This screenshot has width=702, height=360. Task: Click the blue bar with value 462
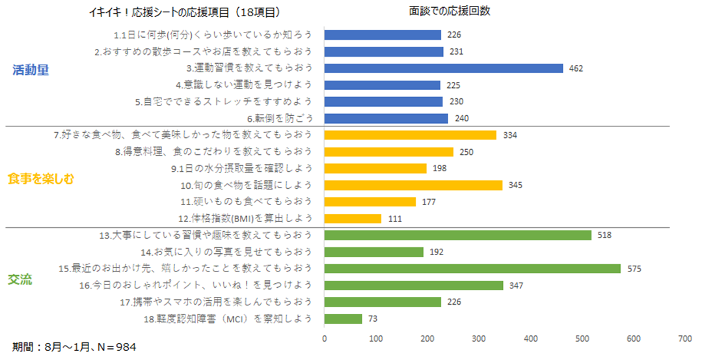tap(443, 68)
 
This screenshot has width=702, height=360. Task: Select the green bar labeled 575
tap(472, 268)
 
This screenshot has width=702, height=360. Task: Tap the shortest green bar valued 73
tap(343, 318)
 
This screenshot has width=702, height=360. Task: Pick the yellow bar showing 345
tap(413, 185)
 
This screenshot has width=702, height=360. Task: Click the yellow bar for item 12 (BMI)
tap(353, 218)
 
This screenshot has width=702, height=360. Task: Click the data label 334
tap(510, 135)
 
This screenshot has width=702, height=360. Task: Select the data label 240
tap(461, 118)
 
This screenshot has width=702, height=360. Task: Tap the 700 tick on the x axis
tap(684, 339)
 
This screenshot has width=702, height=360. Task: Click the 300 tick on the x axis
tap(479, 339)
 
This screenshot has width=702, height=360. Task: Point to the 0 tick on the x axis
tap(324, 339)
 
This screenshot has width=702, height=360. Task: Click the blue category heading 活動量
tap(31, 71)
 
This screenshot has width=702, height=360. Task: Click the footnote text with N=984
tap(74, 347)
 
